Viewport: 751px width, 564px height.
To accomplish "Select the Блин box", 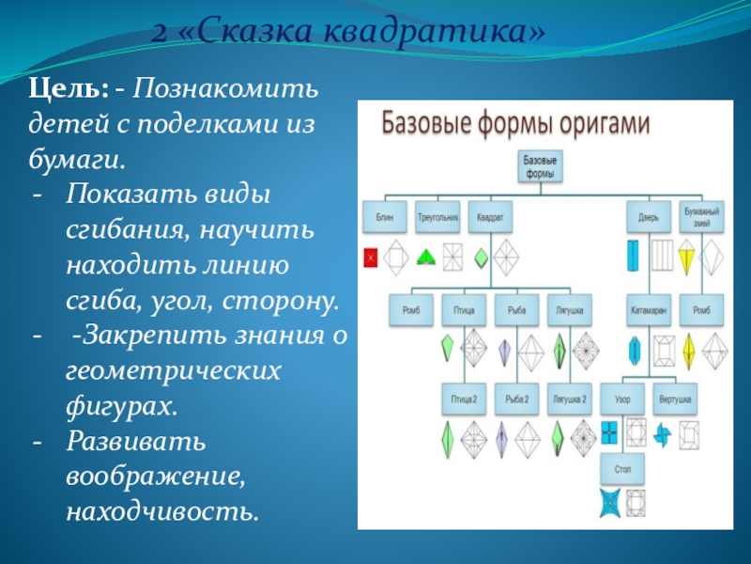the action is tap(385, 217).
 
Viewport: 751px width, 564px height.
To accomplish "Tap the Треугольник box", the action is tap(437, 217).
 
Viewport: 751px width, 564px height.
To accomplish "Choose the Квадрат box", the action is tap(491, 217).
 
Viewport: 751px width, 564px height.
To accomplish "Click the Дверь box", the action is tap(650, 217).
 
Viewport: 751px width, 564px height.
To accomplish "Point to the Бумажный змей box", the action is tap(702, 216).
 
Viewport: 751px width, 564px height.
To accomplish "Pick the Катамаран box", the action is tap(650, 309).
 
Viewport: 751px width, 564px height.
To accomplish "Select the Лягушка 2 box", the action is tap(570, 399).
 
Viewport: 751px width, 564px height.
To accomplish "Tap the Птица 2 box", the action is tap(463, 399).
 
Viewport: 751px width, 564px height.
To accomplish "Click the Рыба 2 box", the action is tap(516, 399).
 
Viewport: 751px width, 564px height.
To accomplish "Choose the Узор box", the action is tap(622, 399).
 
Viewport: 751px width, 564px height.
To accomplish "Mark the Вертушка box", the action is tap(676, 399).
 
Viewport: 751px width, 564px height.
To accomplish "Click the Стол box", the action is tap(621, 467).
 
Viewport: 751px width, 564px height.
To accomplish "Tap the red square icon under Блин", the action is tap(371, 256).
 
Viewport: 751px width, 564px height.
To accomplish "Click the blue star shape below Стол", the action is tap(608, 503).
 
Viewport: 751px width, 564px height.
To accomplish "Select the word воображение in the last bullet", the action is tap(155, 477).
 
